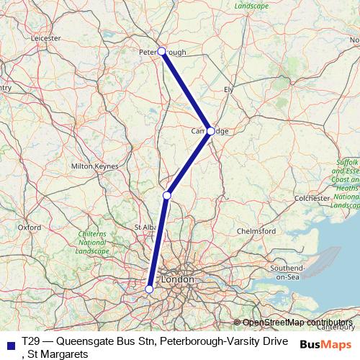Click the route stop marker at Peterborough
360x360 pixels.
[162, 51]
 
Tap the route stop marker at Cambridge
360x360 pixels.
[210, 131]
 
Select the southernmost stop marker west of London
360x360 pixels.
[149, 289]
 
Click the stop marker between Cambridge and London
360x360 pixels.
[167, 195]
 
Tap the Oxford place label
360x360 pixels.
[29, 227]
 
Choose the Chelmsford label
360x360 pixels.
[256, 231]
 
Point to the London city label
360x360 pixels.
[177, 279]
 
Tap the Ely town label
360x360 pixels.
[229, 89]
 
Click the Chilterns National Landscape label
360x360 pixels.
[91, 243]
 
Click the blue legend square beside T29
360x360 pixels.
[9, 342]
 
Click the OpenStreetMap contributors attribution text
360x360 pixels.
[297, 323]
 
